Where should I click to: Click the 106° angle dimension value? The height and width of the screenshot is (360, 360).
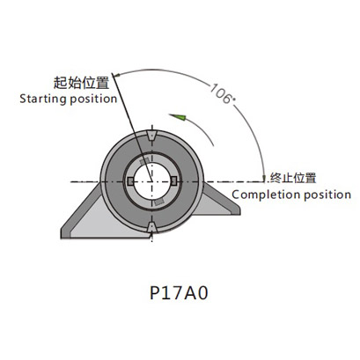coord(223,94)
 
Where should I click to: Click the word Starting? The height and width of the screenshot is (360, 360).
coord(43,99)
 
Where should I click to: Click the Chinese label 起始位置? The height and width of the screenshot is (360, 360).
coord(81,83)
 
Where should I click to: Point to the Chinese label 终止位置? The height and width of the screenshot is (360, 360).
coord(293,178)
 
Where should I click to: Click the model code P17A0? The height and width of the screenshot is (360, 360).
coord(179,293)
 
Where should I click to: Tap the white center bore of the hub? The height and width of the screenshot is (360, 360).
coord(151,181)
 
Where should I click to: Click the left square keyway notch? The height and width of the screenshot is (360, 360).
coord(130,181)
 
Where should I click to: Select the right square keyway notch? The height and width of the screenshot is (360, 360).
coord(173,181)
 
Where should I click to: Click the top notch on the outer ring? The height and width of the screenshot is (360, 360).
coord(151,136)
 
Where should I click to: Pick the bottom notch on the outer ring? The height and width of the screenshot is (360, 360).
coord(151,227)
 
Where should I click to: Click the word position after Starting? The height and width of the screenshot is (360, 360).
coord(93,99)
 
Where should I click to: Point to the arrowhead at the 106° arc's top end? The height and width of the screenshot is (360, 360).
coord(116,76)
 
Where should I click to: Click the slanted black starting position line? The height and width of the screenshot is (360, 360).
coord(131,127)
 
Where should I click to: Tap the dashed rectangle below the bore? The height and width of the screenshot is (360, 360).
coord(158,202)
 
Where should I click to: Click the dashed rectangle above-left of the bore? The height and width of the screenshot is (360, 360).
coord(144,161)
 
